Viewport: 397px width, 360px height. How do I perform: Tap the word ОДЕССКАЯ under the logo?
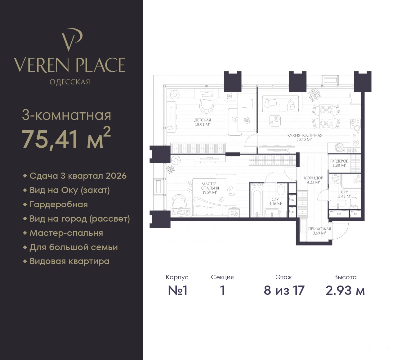pos(70,82)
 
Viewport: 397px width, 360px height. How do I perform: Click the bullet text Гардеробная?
pos(59,205)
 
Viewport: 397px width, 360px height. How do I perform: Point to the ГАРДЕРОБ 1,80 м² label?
pos(339,163)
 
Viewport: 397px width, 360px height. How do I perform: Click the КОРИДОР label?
pos(314,178)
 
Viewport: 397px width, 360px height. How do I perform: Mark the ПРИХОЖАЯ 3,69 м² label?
pos(320,231)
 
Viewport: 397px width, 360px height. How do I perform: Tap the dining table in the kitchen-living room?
pos(326,117)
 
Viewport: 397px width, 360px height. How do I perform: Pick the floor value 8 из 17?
pos(284,290)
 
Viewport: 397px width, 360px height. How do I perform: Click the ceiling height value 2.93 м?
pos(345,290)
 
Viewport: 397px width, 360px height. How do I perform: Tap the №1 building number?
pos(177,290)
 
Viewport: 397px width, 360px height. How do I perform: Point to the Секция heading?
pos(222,277)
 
